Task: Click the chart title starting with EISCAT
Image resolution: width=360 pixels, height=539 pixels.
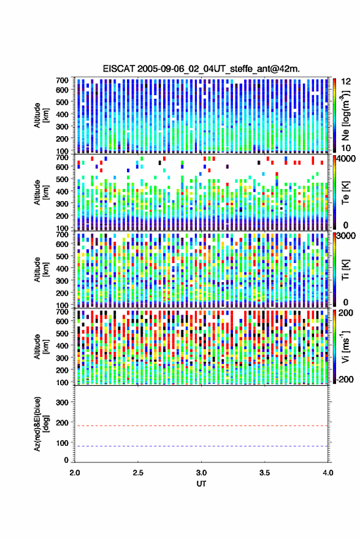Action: coord(201,69)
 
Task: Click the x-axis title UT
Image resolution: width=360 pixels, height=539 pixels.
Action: coord(201,484)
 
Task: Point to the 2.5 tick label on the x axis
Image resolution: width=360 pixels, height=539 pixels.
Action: coord(138,473)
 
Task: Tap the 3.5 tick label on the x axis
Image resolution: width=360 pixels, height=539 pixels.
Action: coord(264,473)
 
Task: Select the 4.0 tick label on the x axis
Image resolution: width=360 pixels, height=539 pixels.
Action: coord(327,473)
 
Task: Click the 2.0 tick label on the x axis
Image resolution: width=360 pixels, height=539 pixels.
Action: coord(75,473)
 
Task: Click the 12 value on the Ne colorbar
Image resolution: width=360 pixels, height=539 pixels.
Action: coord(346,82)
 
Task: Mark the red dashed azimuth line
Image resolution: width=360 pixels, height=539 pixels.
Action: coord(201,426)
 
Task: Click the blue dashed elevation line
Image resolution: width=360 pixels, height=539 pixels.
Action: coord(201,446)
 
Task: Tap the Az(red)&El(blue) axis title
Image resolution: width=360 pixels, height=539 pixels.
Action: coord(41,424)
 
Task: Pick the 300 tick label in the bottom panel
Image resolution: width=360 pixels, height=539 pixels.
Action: coord(62,402)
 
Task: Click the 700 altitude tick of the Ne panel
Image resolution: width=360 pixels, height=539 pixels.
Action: coord(62,80)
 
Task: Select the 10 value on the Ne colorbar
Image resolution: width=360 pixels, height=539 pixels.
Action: coord(346,148)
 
